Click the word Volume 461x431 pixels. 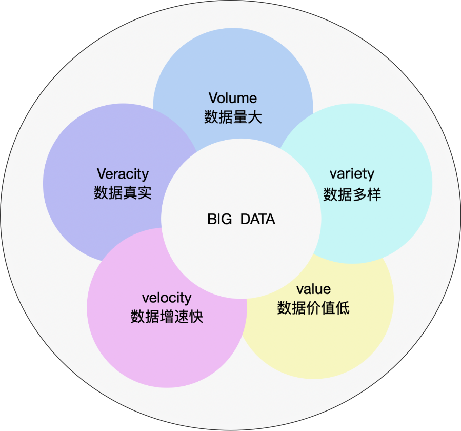point(233,97)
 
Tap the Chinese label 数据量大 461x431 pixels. point(233,117)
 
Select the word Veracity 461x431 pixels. point(123,173)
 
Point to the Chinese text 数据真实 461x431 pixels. point(123,193)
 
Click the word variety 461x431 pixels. point(352,173)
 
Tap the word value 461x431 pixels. point(313,289)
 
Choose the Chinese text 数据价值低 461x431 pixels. point(313,308)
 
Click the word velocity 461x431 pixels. point(167,298)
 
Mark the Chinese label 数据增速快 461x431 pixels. point(167,317)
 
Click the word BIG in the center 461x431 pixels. point(219,220)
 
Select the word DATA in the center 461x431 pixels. point(257,220)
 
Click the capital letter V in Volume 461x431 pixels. point(213,97)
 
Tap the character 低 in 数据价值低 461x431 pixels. point(343,308)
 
